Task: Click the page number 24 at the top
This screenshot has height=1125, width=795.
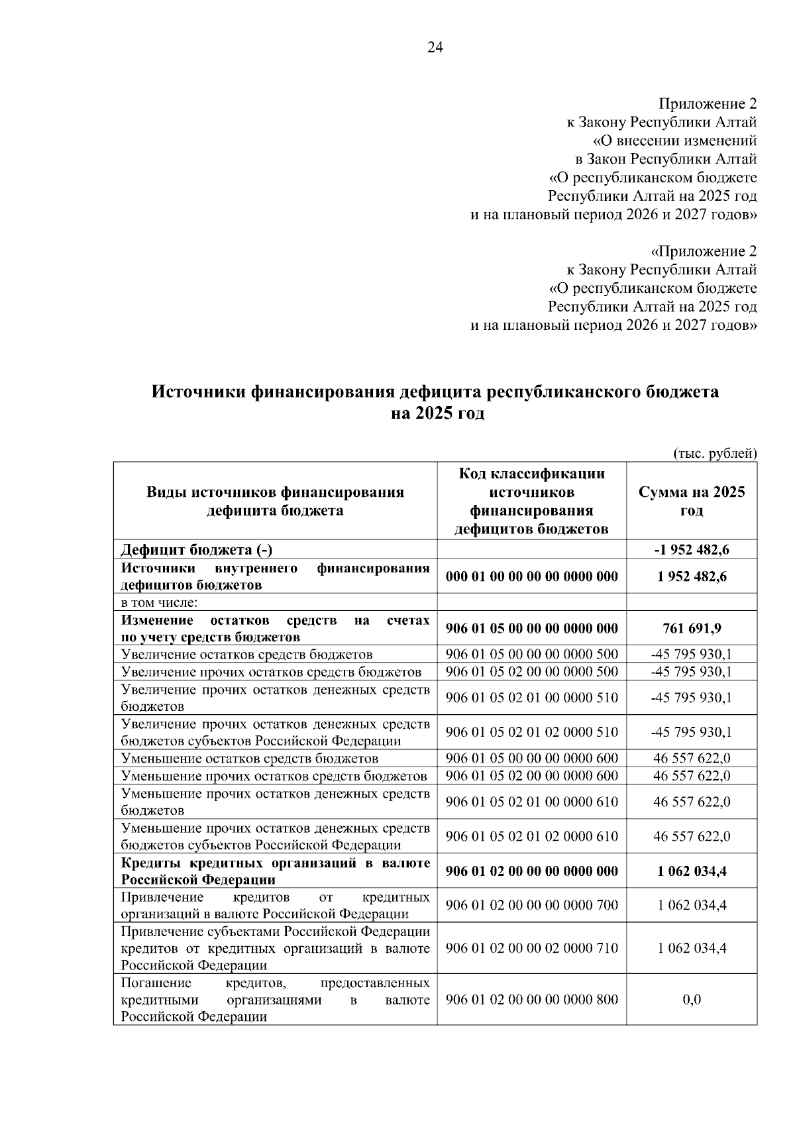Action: pos(435,47)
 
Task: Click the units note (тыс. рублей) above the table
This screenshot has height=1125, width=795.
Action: pos(715,454)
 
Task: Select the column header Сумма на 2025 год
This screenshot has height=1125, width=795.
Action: pos(691,501)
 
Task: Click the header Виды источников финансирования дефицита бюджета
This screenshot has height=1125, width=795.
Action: pos(275,501)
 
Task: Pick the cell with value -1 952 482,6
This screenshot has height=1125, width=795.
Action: pos(692,549)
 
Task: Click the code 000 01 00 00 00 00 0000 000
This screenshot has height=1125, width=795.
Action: pos(531,576)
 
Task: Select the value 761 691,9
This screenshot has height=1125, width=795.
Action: pos(692,628)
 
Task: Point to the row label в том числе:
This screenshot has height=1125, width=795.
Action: pos(160,602)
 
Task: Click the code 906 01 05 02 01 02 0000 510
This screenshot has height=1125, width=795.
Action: pos(531,732)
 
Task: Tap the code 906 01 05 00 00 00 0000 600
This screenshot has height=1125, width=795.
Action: pos(531,758)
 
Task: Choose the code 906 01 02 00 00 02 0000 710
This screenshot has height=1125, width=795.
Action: pos(531,948)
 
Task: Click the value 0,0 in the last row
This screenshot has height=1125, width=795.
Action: pos(692,1000)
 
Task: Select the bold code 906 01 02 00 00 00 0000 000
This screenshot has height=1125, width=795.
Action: pos(531,871)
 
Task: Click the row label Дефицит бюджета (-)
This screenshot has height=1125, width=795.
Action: pos(196,549)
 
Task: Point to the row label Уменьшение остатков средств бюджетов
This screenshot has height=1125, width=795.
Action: pos(250,758)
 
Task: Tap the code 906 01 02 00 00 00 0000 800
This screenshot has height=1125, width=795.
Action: pos(531,1000)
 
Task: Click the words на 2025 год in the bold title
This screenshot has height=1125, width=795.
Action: pos(437,413)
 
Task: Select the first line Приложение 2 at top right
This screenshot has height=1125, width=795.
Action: pos(707,104)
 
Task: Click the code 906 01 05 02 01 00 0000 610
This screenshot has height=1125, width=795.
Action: pos(531,802)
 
